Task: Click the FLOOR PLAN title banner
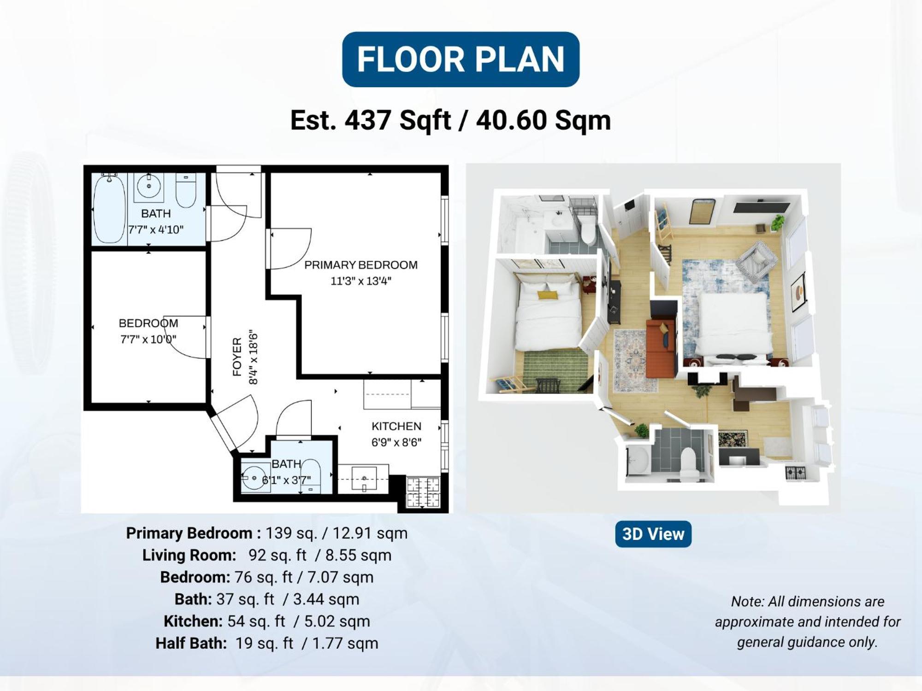click(461, 59)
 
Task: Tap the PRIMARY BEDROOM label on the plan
click(361, 265)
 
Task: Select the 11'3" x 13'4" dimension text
click(361, 281)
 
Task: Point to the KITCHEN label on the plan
click(396, 426)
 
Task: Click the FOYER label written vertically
click(237, 357)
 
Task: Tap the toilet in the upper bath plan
click(186, 191)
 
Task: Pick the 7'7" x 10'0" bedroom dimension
click(148, 340)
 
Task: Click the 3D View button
click(653, 534)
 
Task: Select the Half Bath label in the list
click(191, 643)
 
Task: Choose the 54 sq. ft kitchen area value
click(256, 621)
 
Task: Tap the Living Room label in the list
click(189, 555)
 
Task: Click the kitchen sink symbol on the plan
click(364, 479)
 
